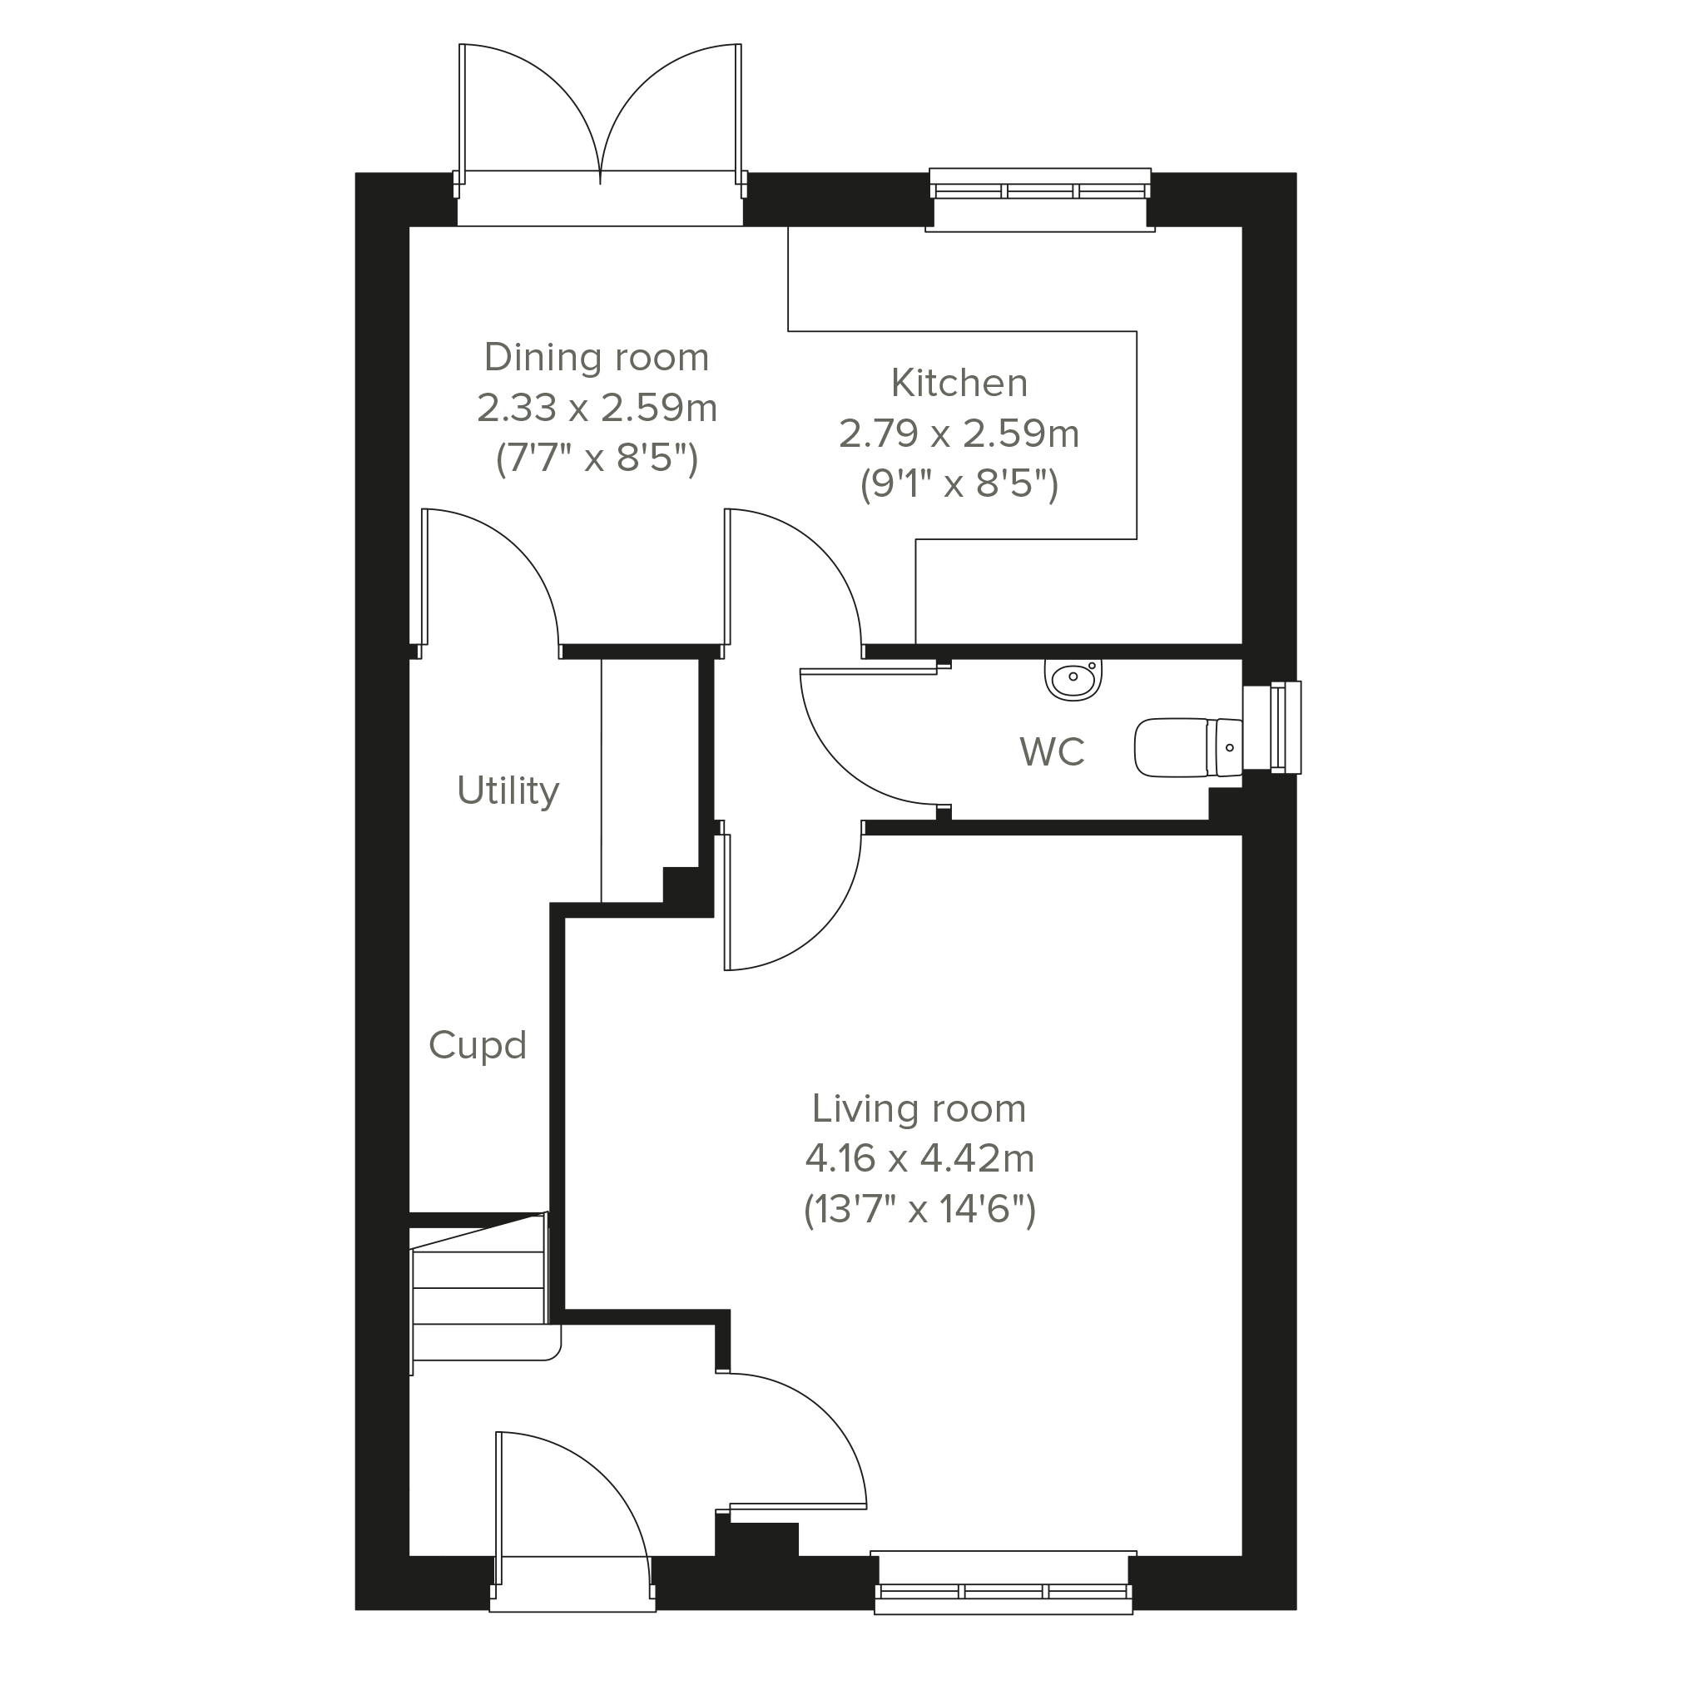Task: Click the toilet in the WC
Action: (x=1188, y=747)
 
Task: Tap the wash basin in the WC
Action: (x=1073, y=679)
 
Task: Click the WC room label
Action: (x=1052, y=751)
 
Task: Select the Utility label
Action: (x=508, y=791)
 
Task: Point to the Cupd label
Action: (x=477, y=1045)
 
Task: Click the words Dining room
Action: (x=597, y=358)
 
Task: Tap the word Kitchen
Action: (x=959, y=383)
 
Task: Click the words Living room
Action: (x=919, y=1108)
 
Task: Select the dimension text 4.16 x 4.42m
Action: (x=919, y=1158)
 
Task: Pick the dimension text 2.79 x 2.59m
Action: (x=959, y=434)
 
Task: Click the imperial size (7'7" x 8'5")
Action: (x=597, y=458)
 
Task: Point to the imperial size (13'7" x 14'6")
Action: (x=919, y=1210)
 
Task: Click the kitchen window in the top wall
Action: (x=1040, y=199)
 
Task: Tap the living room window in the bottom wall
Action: (x=1004, y=1583)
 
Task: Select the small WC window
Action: (x=1272, y=726)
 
